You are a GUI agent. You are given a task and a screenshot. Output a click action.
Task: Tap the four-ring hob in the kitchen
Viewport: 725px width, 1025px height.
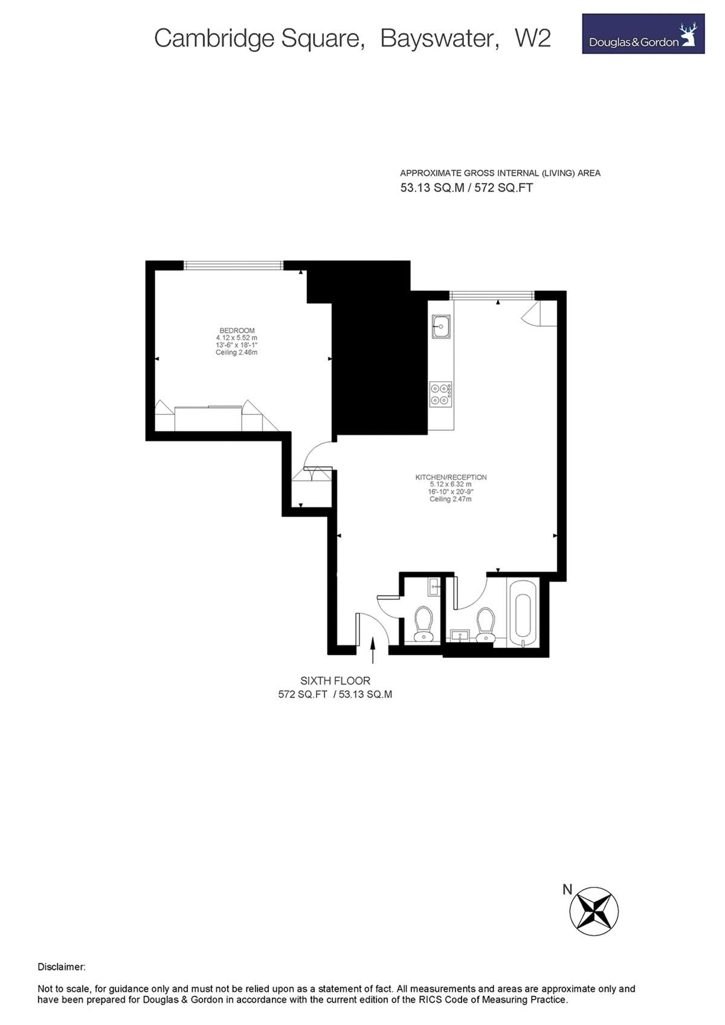[x=440, y=393]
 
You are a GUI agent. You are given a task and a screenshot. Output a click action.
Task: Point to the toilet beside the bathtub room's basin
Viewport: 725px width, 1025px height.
[x=485, y=625]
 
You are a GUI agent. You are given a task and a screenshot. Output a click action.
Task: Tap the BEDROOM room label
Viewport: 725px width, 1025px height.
[x=237, y=330]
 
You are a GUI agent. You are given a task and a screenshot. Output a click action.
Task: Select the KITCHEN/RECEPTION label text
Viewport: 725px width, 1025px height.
[x=451, y=477]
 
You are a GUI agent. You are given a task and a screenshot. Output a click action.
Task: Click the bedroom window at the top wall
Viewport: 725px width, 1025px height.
[x=233, y=265]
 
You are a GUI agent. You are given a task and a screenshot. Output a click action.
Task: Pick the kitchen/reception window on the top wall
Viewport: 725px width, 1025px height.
[x=492, y=295]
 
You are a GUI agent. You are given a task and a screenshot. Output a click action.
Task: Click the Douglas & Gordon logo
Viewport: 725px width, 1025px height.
[x=643, y=34]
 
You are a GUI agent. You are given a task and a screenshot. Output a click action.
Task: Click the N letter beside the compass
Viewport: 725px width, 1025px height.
[x=567, y=889]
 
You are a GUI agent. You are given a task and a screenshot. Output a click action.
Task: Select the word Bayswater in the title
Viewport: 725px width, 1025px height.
[x=436, y=39]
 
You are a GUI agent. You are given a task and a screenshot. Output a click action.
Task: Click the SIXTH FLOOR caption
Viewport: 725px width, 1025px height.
[x=335, y=681]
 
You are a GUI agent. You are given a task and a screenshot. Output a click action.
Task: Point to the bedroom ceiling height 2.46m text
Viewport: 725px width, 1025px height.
[x=237, y=352]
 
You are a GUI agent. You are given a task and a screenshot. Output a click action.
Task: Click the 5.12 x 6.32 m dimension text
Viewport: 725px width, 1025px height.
[x=451, y=484]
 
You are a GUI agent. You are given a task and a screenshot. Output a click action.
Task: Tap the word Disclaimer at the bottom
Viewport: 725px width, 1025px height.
[x=62, y=967]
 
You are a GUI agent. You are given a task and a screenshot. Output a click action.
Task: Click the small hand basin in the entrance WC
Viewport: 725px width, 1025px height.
[x=434, y=586]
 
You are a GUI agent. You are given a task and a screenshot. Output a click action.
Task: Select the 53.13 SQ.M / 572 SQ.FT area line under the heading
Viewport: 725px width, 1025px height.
[x=466, y=188]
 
